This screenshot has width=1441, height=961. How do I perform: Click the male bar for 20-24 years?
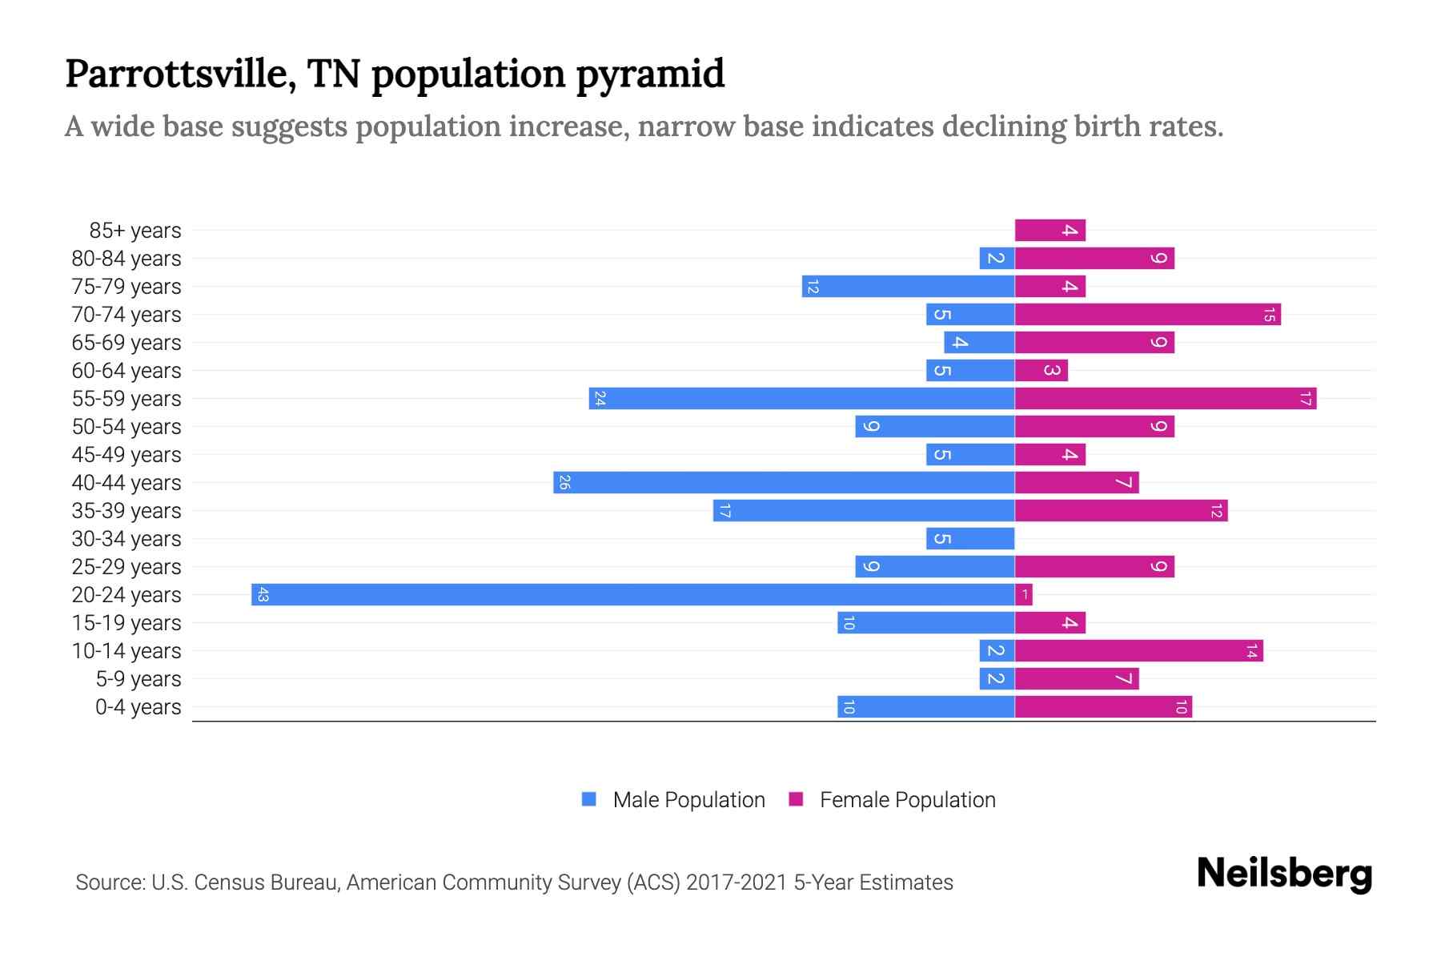click(x=632, y=595)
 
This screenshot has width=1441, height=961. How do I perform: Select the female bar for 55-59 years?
click(x=1165, y=399)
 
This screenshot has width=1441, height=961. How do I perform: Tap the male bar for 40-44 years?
click(x=784, y=483)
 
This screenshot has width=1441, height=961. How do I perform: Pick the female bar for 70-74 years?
click(x=1147, y=315)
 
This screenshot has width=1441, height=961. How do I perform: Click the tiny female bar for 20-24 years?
click(x=1024, y=595)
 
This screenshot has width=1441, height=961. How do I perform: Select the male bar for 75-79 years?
click(x=908, y=287)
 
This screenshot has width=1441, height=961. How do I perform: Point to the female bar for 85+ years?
click(x=1050, y=231)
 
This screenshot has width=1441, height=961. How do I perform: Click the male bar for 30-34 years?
click(x=970, y=539)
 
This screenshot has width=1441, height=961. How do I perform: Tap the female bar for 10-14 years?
click(x=1138, y=651)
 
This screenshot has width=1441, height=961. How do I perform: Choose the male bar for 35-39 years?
click(x=864, y=511)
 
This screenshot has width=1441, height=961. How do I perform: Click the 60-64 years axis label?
click(x=126, y=371)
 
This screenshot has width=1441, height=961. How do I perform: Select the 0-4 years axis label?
click(x=138, y=707)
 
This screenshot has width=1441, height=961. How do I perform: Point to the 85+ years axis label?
click(x=135, y=231)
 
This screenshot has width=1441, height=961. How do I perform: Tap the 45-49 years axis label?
click(x=126, y=455)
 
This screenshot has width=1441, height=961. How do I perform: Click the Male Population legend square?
click(x=589, y=799)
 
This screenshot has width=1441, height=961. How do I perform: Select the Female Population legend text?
click(x=907, y=800)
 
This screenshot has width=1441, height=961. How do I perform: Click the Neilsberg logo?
click(x=1284, y=875)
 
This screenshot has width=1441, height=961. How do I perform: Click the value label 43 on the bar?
click(x=263, y=595)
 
